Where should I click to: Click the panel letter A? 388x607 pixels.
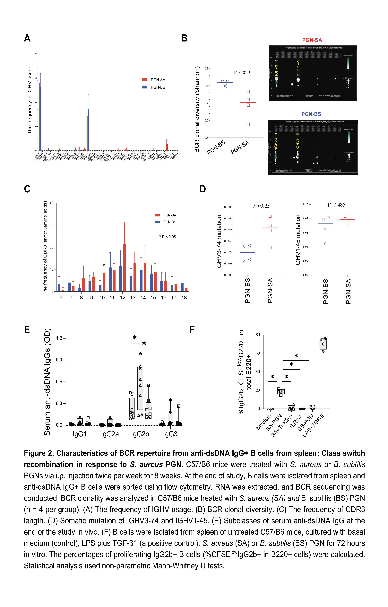[27, 38]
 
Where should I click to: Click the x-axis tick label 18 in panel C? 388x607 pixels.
[184, 298]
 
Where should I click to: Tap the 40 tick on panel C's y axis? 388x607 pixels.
[51, 203]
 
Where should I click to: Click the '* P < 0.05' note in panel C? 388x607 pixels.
[168, 237]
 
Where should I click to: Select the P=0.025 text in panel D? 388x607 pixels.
[261, 206]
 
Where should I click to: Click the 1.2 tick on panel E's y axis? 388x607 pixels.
[59, 338]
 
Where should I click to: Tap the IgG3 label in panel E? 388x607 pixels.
[170, 434]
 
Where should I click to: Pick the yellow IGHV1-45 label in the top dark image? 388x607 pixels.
[298, 68]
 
